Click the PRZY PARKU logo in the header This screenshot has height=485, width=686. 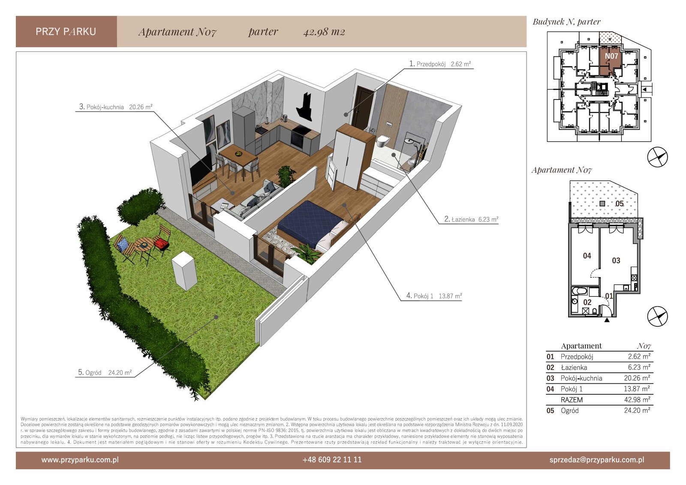pos(66,32)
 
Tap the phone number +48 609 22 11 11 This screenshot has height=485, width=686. pos(332,460)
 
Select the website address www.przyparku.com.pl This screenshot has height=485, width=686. pos(80,460)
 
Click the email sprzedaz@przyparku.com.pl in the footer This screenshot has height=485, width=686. pos(597,460)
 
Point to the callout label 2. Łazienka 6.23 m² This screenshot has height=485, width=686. pos(471,219)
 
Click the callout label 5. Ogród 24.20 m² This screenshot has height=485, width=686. pos(105,372)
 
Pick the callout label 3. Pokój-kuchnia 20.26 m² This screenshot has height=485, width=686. pos(116,107)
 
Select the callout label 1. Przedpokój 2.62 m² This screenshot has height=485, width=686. pos(440,64)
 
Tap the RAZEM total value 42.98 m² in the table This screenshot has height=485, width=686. pos(637,400)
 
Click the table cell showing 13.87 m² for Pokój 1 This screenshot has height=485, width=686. pos(637,389)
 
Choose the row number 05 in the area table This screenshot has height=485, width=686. pos(551,410)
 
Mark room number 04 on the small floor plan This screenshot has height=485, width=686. pos(587,256)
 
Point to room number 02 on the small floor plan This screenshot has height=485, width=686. pos(587,302)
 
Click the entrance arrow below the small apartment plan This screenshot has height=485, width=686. pos(607,320)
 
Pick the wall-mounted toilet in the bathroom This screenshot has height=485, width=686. pos(383,141)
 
